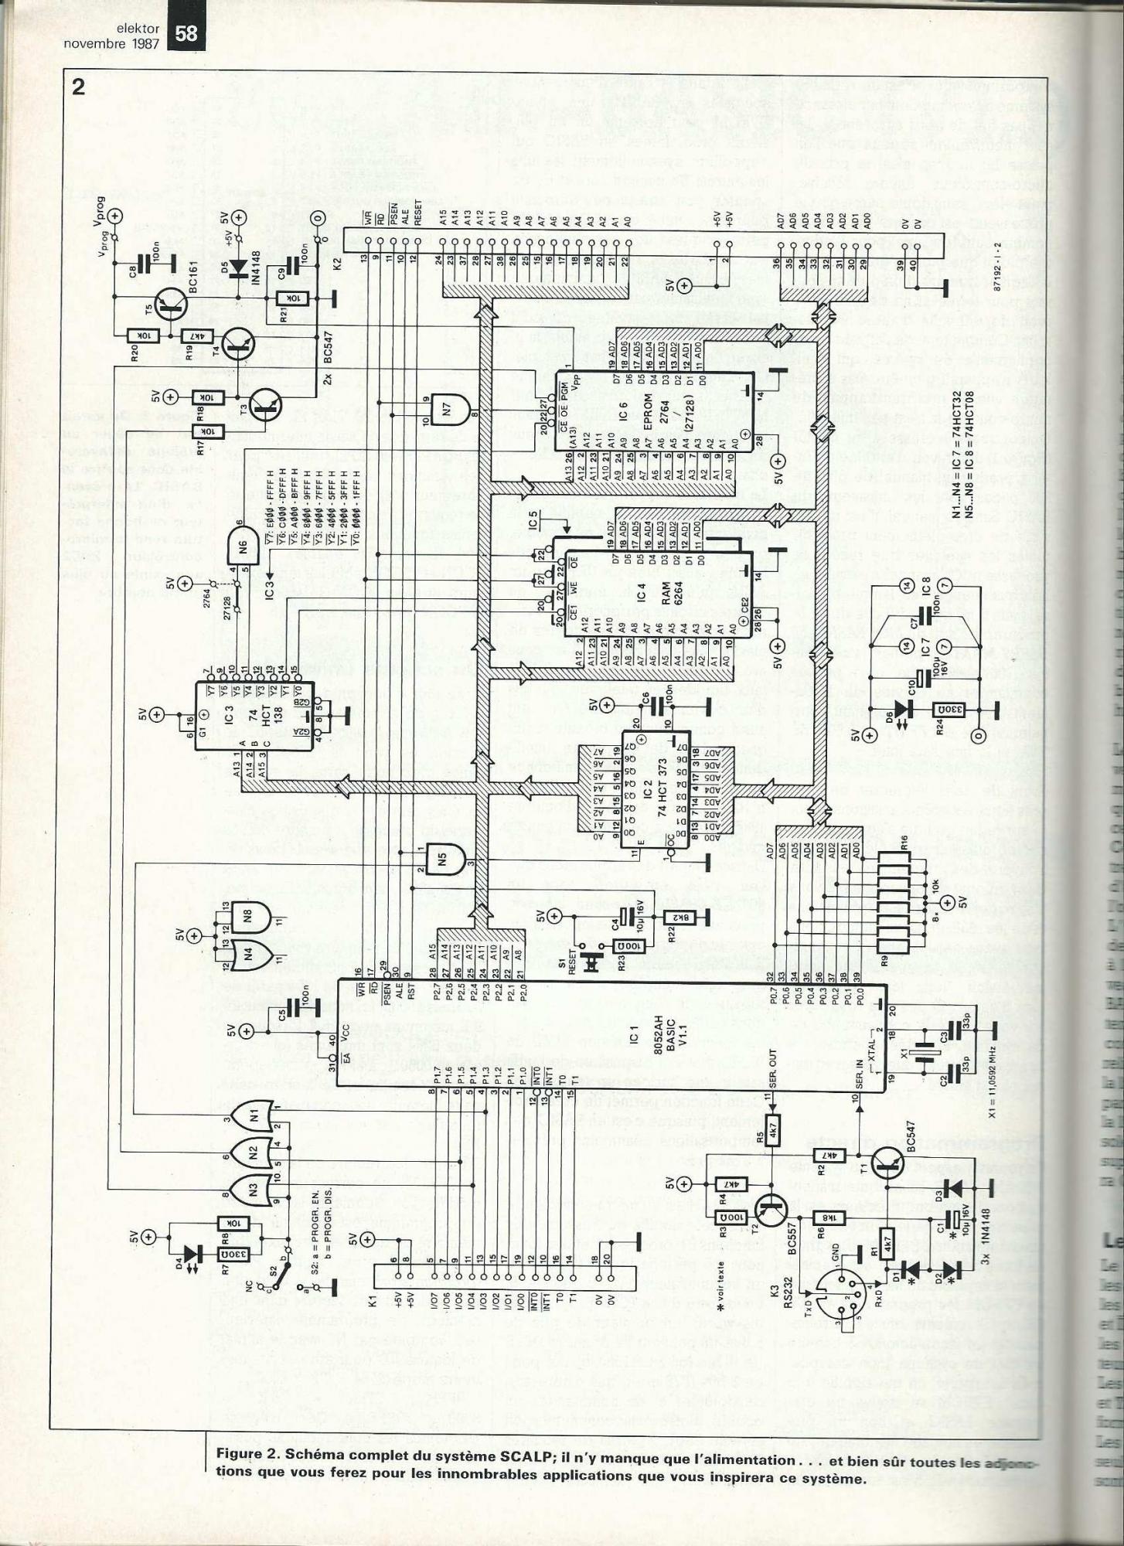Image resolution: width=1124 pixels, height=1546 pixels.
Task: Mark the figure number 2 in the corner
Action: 78,86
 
